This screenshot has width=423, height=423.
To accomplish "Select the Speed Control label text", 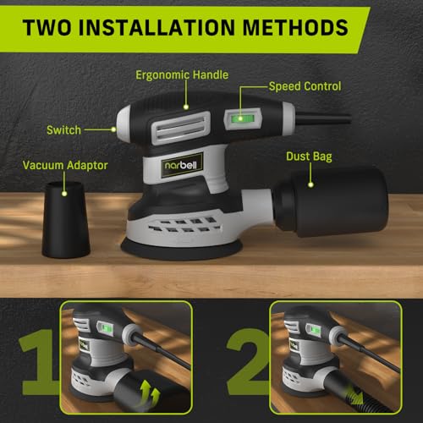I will [x=305, y=85].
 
